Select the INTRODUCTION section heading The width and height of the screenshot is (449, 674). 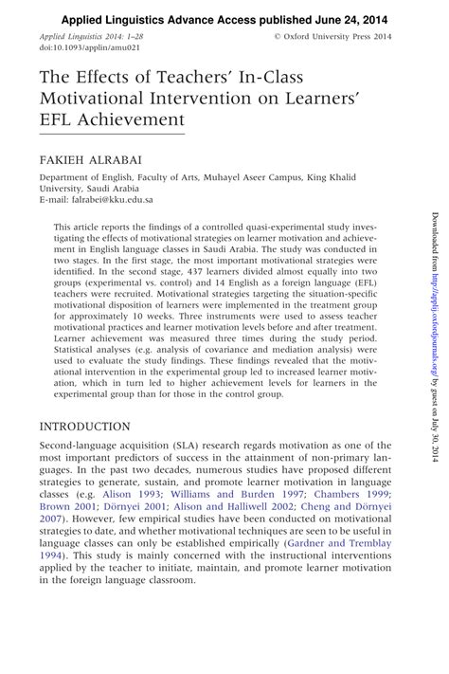(93, 427)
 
